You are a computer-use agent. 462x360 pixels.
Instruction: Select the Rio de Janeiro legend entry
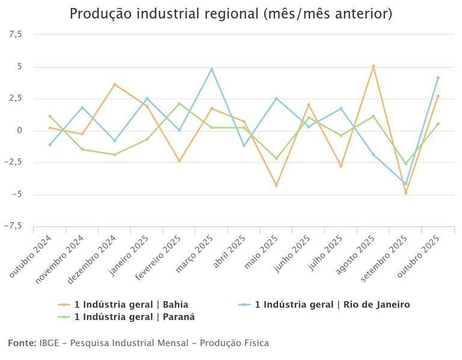click(x=332, y=305)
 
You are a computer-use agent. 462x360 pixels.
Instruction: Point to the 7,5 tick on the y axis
click(x=15, y=35)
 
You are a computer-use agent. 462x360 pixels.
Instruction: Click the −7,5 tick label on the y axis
click(x=13, y=227)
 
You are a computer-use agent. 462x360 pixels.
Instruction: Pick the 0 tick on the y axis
click(x=19, y=130)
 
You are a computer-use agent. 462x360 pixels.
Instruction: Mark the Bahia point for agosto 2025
click(x=374, y=66)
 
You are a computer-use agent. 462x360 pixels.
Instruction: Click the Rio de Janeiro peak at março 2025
click(x=212, y=69)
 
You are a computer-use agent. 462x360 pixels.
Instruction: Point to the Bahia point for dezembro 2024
click(x=115, y=85)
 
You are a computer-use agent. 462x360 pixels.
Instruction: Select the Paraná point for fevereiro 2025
click(x=179, y=104)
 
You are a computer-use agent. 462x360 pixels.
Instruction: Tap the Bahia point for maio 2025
click(x=276, y=185)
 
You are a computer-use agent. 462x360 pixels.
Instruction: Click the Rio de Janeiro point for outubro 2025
click(x=438, y=78)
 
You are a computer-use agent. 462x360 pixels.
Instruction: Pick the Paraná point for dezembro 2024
click(x=115, y=154)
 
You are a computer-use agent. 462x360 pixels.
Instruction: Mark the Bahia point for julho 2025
click(x=341, y=166)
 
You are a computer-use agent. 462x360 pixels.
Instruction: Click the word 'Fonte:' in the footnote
click(x=22, y=343)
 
